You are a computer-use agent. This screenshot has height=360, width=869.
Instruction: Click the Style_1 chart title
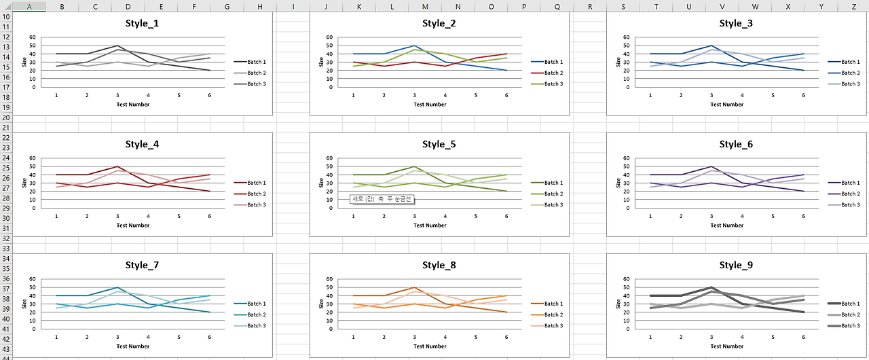(143, 23)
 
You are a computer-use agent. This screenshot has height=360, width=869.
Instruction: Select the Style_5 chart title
(439, 144)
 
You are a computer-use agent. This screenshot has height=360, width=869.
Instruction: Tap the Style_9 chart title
(736, 265)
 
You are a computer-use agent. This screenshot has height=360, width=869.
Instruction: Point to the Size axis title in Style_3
(618, 62)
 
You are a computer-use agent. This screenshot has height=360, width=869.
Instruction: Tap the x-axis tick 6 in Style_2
(506, 96)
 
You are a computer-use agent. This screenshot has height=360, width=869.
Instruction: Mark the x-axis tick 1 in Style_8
(353, 338)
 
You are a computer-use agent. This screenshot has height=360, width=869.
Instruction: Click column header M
(425, 6)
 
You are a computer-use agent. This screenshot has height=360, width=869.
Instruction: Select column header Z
(853, 6)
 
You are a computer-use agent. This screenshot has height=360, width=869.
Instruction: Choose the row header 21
(6, 127)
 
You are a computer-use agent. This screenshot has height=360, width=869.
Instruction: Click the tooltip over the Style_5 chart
(382, 199)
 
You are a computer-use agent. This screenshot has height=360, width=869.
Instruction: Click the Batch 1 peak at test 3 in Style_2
(414, 46)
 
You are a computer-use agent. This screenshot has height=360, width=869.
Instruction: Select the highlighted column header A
(29, 6)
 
